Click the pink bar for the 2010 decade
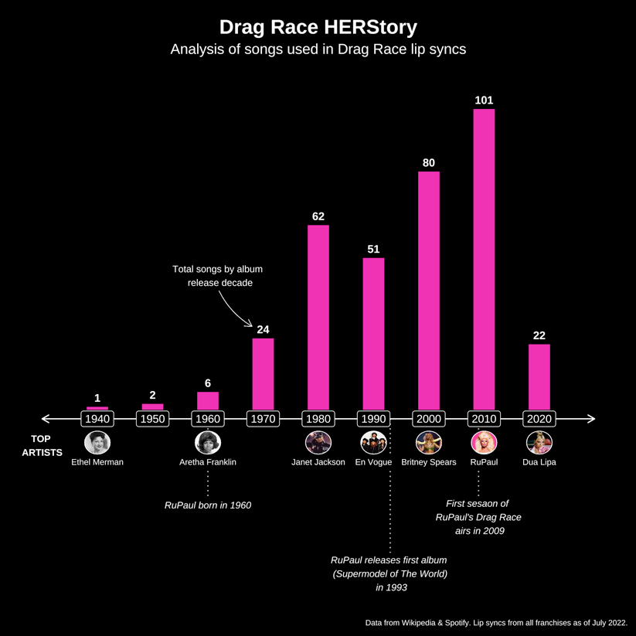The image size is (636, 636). click(x=484, y=259)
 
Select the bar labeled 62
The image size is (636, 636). click(x=318, y=317)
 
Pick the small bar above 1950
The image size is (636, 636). click(x=153, y=406)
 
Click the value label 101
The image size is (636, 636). click(x=484, y=100)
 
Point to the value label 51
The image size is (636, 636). click(x=373, y=249)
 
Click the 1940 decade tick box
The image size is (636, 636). click(x=97, y=419)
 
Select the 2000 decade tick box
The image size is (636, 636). click(x=429, y=419)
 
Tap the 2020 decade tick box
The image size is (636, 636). click(x=539, y=419)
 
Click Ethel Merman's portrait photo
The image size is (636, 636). click(x=97, y=442)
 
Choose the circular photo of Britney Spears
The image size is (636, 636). click(x=429, y=442)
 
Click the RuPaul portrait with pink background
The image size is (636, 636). click(x=484, y=442)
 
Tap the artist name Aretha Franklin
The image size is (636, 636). click(x=208, y=462)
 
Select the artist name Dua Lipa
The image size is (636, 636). click(x=539, y=462)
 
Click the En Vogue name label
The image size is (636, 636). click(x=373, y=462)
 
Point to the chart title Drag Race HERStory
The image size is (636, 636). click(x=318, y=27)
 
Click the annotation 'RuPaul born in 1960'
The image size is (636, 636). click(x=208, y=505)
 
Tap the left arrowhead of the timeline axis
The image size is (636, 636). click(x=45, y=419)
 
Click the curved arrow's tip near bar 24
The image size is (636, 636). click(x=253, y=325)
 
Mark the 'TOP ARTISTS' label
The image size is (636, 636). click(x=42, y=446)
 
